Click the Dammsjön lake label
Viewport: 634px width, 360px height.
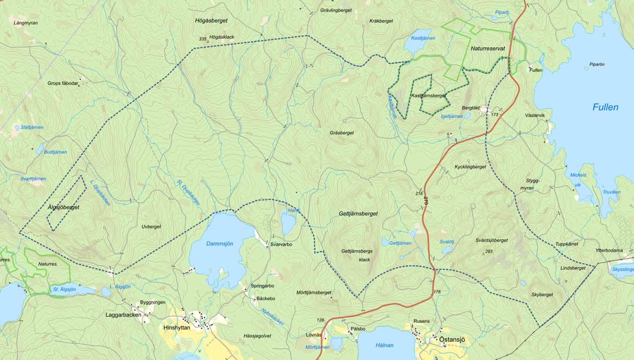tap(220, 244)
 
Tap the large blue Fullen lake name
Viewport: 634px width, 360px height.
tap(605, 107)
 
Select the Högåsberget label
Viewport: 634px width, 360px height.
tap(211, 20)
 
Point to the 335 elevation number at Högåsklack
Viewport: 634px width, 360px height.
tap(202, 39)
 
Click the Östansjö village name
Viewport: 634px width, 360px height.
tap(452, 340)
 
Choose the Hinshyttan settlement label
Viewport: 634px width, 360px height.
tap(177, 327)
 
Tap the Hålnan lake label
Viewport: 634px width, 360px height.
tap(384, 345)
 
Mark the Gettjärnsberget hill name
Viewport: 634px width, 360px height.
tap(358, 214)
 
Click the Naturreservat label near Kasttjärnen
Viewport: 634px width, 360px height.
tap(488, 48)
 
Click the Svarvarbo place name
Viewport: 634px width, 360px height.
tap(281, 245)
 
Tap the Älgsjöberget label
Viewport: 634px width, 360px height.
tap(63, 207)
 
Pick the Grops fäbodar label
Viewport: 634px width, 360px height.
tap(63, 83)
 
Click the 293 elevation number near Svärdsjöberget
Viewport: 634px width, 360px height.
tap(489, 251)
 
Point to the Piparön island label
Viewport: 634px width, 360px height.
tap(597, 64)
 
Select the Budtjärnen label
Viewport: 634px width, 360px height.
tap(55, 152)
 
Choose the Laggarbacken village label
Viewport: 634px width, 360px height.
tap(123, 315)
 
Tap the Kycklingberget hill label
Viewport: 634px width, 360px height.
tap(470, 167)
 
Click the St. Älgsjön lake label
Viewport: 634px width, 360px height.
tap(65, 289)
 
